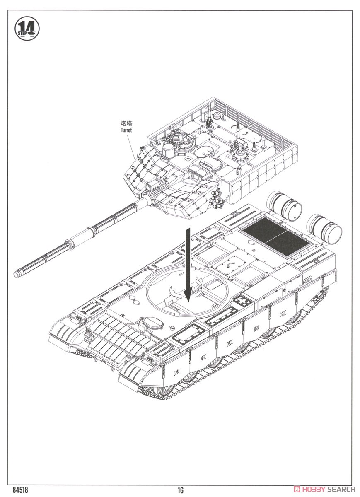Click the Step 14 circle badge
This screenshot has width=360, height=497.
[27, 29]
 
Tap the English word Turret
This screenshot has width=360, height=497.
[126, 130]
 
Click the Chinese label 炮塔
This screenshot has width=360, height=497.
[126, 123]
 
